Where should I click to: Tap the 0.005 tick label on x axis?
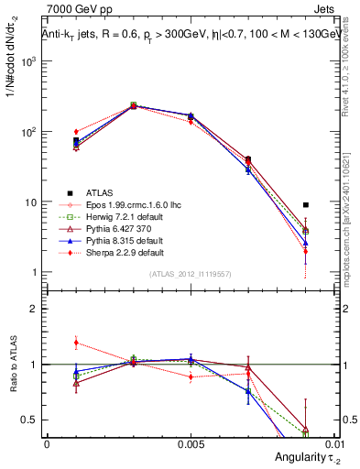point(190,442)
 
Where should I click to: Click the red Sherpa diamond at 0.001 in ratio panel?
point(76,343)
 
